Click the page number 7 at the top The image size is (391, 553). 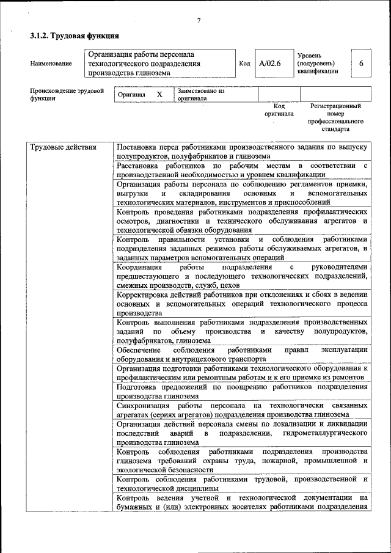[199, 22]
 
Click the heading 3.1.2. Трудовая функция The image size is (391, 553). [75, 37]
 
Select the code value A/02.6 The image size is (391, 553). [269, 64]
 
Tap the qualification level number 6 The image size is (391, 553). [361, 64]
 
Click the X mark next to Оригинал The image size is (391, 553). [159, 95]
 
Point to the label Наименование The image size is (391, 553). [50, 64]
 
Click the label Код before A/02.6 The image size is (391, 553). [244, 64]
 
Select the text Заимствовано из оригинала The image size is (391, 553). [200, 94]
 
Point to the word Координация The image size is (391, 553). [139, 267]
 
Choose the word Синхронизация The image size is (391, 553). [144, 405]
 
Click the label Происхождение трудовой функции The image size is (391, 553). [67, 95]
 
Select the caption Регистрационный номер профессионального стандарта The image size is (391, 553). [335, 118]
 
